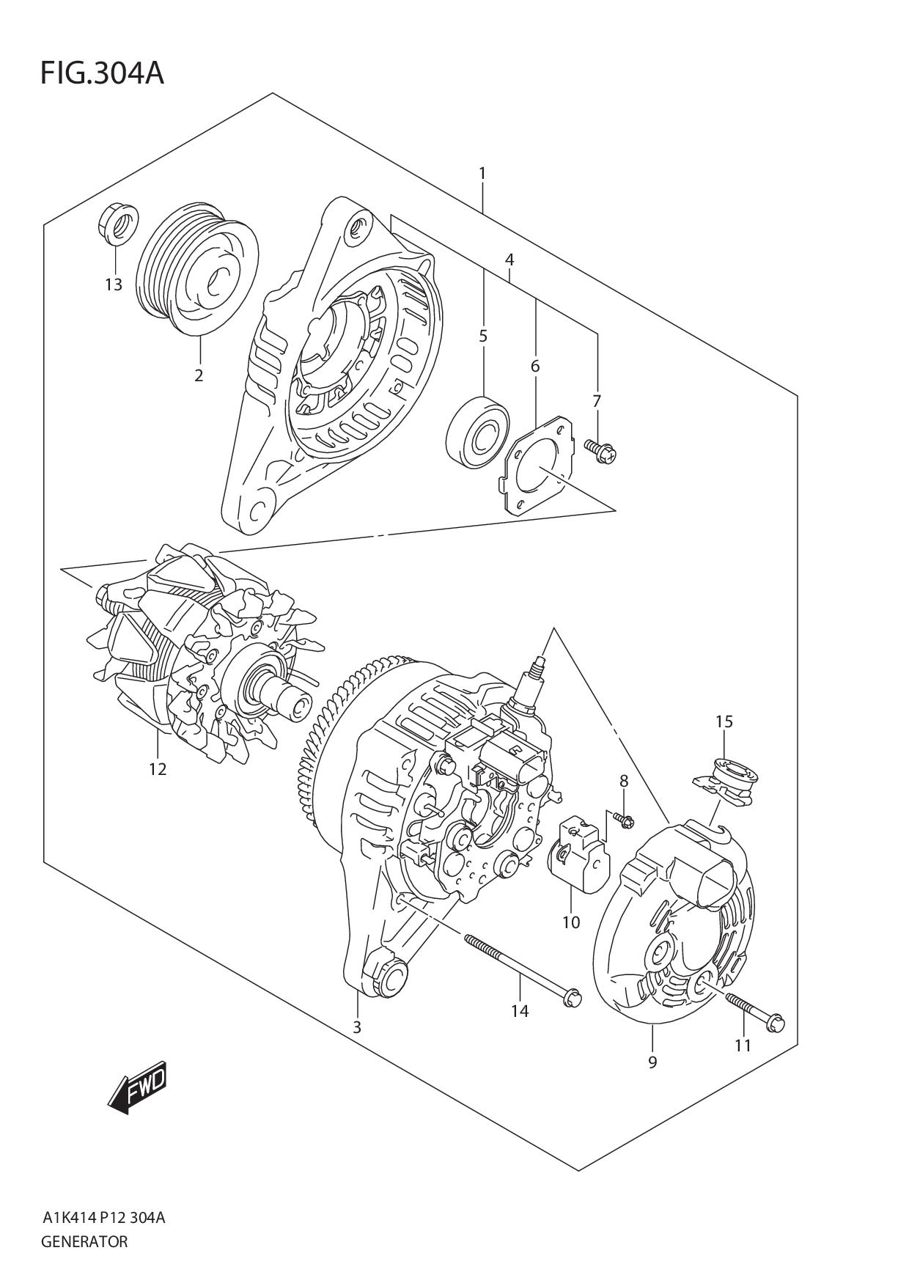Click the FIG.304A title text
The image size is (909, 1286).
pyautogui.click(x=102, y=73)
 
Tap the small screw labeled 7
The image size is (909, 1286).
pyautogui.click(x=603, y=449)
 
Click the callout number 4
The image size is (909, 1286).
pyautogui.click(x=509, y=260)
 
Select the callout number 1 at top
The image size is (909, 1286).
pyautogui.click(x=482, y=174)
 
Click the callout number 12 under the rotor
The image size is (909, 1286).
pyautogui.click(x=158, y=769)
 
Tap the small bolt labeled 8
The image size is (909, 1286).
pyautogui.click(x=625, y=820)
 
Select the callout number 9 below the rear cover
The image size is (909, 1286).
pyautogui.click(x=652, y=1062)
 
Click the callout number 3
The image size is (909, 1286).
pyautogui.click(x=356, y=1027)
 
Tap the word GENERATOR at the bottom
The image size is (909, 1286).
pyautogui.click(x=85, y=1242)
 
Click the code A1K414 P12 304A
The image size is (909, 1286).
pyautogui.click(x=103, y=1219)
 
